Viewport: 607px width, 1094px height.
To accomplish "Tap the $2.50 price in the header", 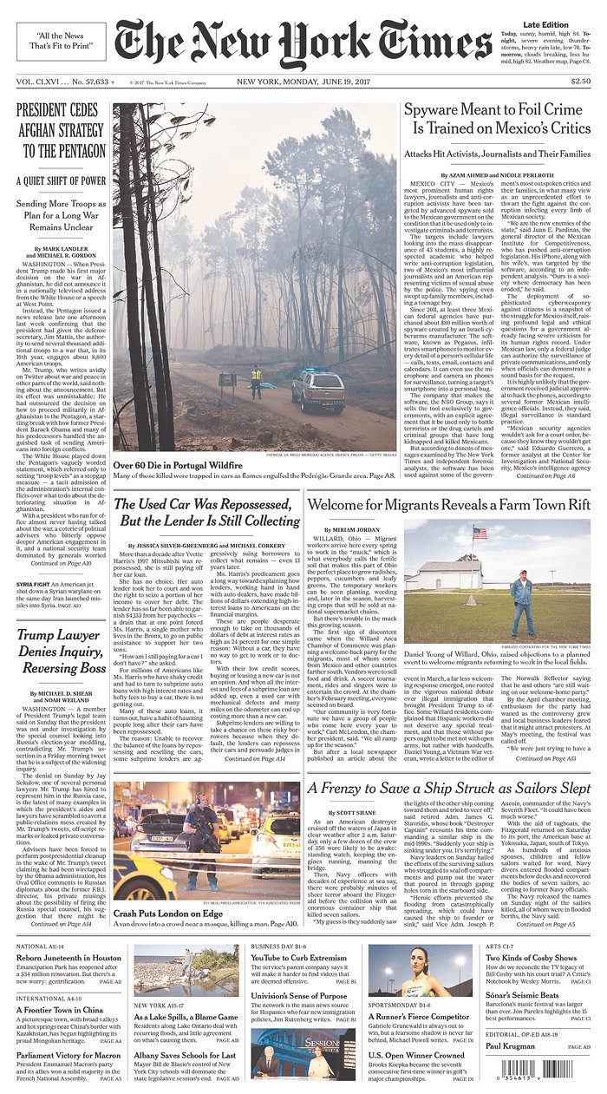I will (x=580, y=82).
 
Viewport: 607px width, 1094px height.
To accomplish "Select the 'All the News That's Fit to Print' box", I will (x=56, y=39).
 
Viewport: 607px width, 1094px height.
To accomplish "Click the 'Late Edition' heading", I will (x=545, y=24).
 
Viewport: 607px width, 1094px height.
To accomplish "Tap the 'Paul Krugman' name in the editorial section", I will (x=508, y=1045).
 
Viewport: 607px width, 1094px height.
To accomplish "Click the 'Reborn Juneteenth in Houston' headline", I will (x=69, y=958).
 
